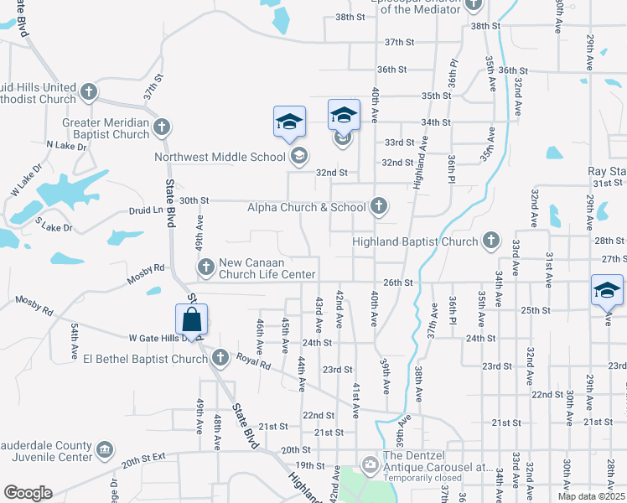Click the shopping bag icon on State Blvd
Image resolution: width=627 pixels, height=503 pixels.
[192, 319]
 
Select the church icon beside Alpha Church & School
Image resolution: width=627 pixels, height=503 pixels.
[379, 206]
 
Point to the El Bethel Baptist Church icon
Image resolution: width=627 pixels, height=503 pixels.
[220, 359]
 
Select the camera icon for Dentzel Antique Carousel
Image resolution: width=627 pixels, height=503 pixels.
[370, 464]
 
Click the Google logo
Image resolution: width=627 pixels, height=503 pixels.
[27, 492]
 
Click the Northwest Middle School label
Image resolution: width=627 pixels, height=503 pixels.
[220, 156]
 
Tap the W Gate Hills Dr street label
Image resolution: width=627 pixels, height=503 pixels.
[159, 338]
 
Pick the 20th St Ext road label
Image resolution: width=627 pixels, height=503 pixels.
[145, 461]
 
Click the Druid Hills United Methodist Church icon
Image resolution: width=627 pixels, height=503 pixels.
[89, 91]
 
